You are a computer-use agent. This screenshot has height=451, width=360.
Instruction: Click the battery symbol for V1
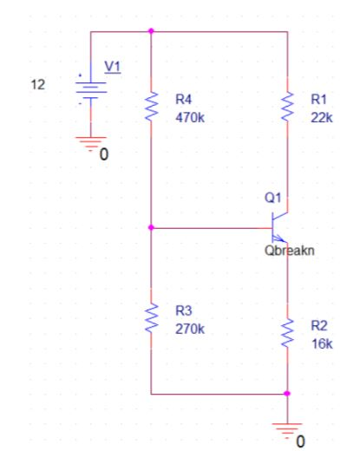pos(91,90)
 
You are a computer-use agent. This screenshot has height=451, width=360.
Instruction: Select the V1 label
pos(113,67)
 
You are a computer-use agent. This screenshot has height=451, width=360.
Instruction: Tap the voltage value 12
pos(38,85)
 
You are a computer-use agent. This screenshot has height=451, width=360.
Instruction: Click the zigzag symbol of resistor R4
pos(151,106)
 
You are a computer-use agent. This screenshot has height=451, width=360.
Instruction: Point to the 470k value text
pos(190,118)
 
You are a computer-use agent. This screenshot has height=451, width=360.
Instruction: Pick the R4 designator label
pos(183,100)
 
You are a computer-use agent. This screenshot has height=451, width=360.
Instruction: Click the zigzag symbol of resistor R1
pos(287,106)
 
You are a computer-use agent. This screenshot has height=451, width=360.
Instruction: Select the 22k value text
pos(322,118)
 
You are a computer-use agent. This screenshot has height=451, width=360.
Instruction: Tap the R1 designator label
pos(318,100)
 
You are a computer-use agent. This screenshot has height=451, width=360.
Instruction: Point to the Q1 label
pos(272,198)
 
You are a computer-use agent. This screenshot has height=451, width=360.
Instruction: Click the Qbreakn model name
pos(290,251)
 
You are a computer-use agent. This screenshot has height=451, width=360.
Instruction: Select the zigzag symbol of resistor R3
pos(151,317)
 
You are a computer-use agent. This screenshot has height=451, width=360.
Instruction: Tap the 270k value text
pos(190,329)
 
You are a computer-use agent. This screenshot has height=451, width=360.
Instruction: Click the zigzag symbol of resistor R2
pos(287,333)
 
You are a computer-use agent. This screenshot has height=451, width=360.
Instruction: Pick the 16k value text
pos(322,344)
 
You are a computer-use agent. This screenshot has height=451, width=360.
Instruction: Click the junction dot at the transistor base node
pos(151,227)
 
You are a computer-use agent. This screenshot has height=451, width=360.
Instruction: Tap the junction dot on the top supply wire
pos(151,30)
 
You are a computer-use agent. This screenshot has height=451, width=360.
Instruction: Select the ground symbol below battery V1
pos(91,144)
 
